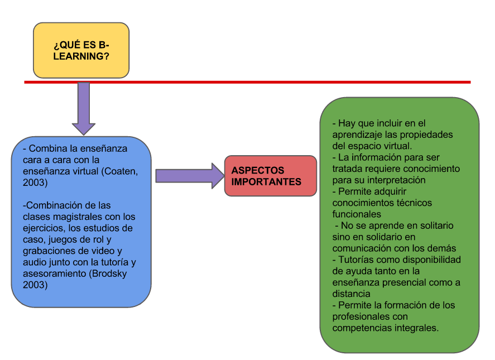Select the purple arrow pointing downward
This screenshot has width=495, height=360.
pyautogui.click(x=84, y=108)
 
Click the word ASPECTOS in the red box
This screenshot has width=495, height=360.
pyautogui.click(x=258, y=170)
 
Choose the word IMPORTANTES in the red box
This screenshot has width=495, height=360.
pyautogui.click(x=266, y=182)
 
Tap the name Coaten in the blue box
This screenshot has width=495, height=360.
pyautogui.click(x=120, y=171)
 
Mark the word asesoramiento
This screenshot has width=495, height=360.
pyautogui.click(x=55, y=273)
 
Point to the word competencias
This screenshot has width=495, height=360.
pyautogui.click(x=359, y=328)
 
